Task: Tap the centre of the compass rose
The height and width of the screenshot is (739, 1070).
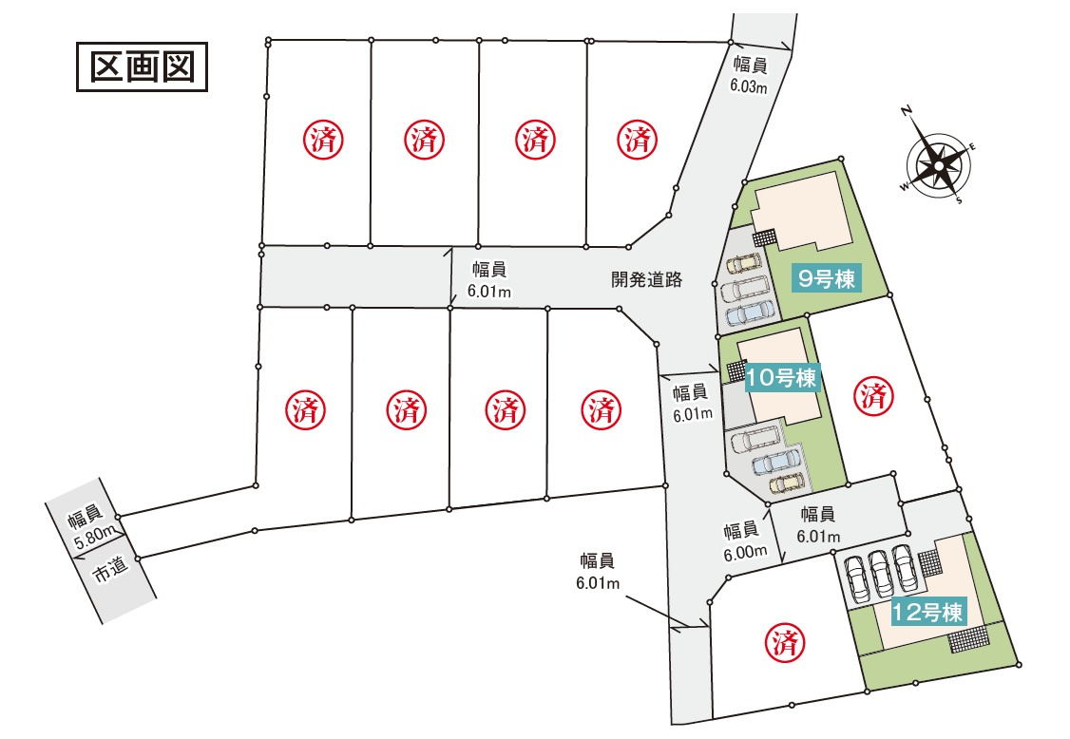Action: tap(938, 167)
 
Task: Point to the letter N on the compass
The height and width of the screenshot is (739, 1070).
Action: tap(908, 112)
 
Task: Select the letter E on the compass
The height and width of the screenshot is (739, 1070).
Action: tap(971, 146)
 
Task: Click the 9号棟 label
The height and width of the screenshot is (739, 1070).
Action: tap(827, 279)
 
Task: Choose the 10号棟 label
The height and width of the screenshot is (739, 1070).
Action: tap(782, 377)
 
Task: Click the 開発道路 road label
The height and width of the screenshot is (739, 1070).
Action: tap(646, 279)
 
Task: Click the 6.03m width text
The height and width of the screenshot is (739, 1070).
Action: tap(749, 85)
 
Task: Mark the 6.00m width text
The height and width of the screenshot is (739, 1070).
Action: tap(743, 552)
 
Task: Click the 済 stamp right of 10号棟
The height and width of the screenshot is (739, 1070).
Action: tap(872, 394)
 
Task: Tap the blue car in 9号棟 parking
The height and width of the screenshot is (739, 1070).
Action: tap(751, 313)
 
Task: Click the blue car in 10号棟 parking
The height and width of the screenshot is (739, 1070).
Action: tap(774, 462)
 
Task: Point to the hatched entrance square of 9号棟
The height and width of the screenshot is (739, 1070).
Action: tap(765, 237)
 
